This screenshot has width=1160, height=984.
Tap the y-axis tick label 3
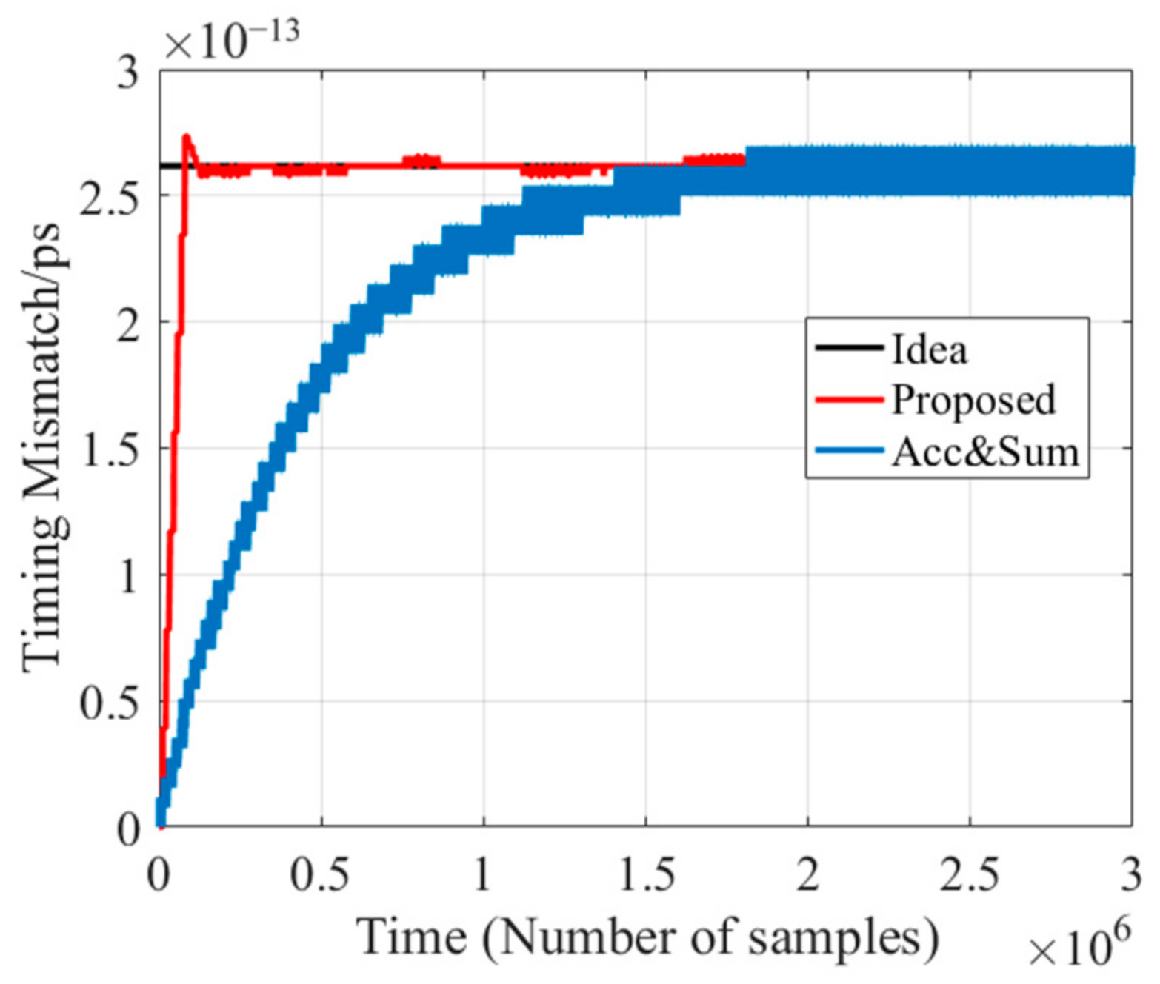coord(129,73)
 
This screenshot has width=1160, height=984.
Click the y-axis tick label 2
coord(129,324)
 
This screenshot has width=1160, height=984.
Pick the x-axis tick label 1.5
coord(646,874)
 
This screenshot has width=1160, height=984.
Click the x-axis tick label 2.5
coord(970,874)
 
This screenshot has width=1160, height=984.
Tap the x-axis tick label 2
coord(807,874)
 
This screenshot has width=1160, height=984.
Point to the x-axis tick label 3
coord(1130,874)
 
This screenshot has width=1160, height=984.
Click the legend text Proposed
coord(973,400)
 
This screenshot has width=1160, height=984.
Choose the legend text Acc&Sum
coord(985,451)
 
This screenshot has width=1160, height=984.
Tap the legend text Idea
coord(929,349)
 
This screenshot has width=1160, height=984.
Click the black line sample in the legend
coord(849,347)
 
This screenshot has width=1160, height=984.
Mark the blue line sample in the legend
coord(849,450)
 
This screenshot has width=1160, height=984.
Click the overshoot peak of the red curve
coord(187,137)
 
